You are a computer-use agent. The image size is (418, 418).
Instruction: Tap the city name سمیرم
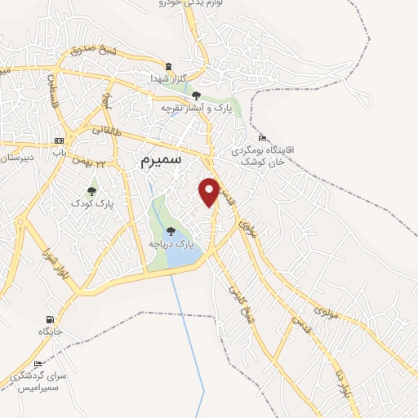click(x=151, y=162)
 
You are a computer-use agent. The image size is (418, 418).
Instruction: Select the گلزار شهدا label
click(x=169, y=78)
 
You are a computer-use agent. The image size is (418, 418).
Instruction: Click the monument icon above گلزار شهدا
click(x=169, y=66)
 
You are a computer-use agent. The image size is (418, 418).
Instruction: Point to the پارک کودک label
click(x=91, y=202)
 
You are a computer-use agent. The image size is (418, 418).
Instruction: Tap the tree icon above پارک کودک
click(x=91, y=190)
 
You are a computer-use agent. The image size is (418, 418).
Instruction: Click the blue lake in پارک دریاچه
click(x=183, y=256)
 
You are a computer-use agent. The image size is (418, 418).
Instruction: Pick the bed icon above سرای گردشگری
click(x=37, y=363)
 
